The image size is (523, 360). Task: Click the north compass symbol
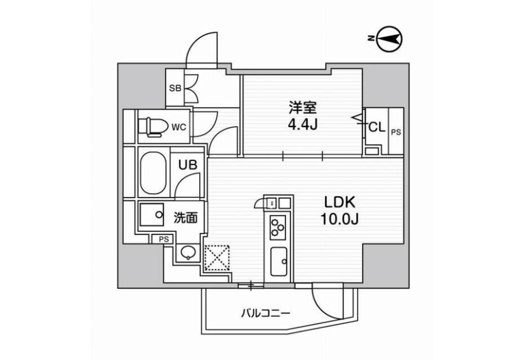389,39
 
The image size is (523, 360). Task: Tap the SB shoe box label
175,88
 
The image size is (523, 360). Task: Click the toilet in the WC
153,127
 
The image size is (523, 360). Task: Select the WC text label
179,127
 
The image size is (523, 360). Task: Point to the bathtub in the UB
153,172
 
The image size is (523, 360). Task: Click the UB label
188,165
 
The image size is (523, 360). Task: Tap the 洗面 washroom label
185,218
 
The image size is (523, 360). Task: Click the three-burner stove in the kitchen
278,228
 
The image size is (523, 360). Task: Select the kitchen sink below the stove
278,262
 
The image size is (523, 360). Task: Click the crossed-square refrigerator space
217,258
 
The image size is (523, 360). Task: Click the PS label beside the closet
396,132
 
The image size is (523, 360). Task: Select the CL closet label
377,127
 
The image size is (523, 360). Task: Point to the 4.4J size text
303,124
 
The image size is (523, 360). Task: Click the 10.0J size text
339,219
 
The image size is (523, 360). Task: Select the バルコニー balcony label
266,314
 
